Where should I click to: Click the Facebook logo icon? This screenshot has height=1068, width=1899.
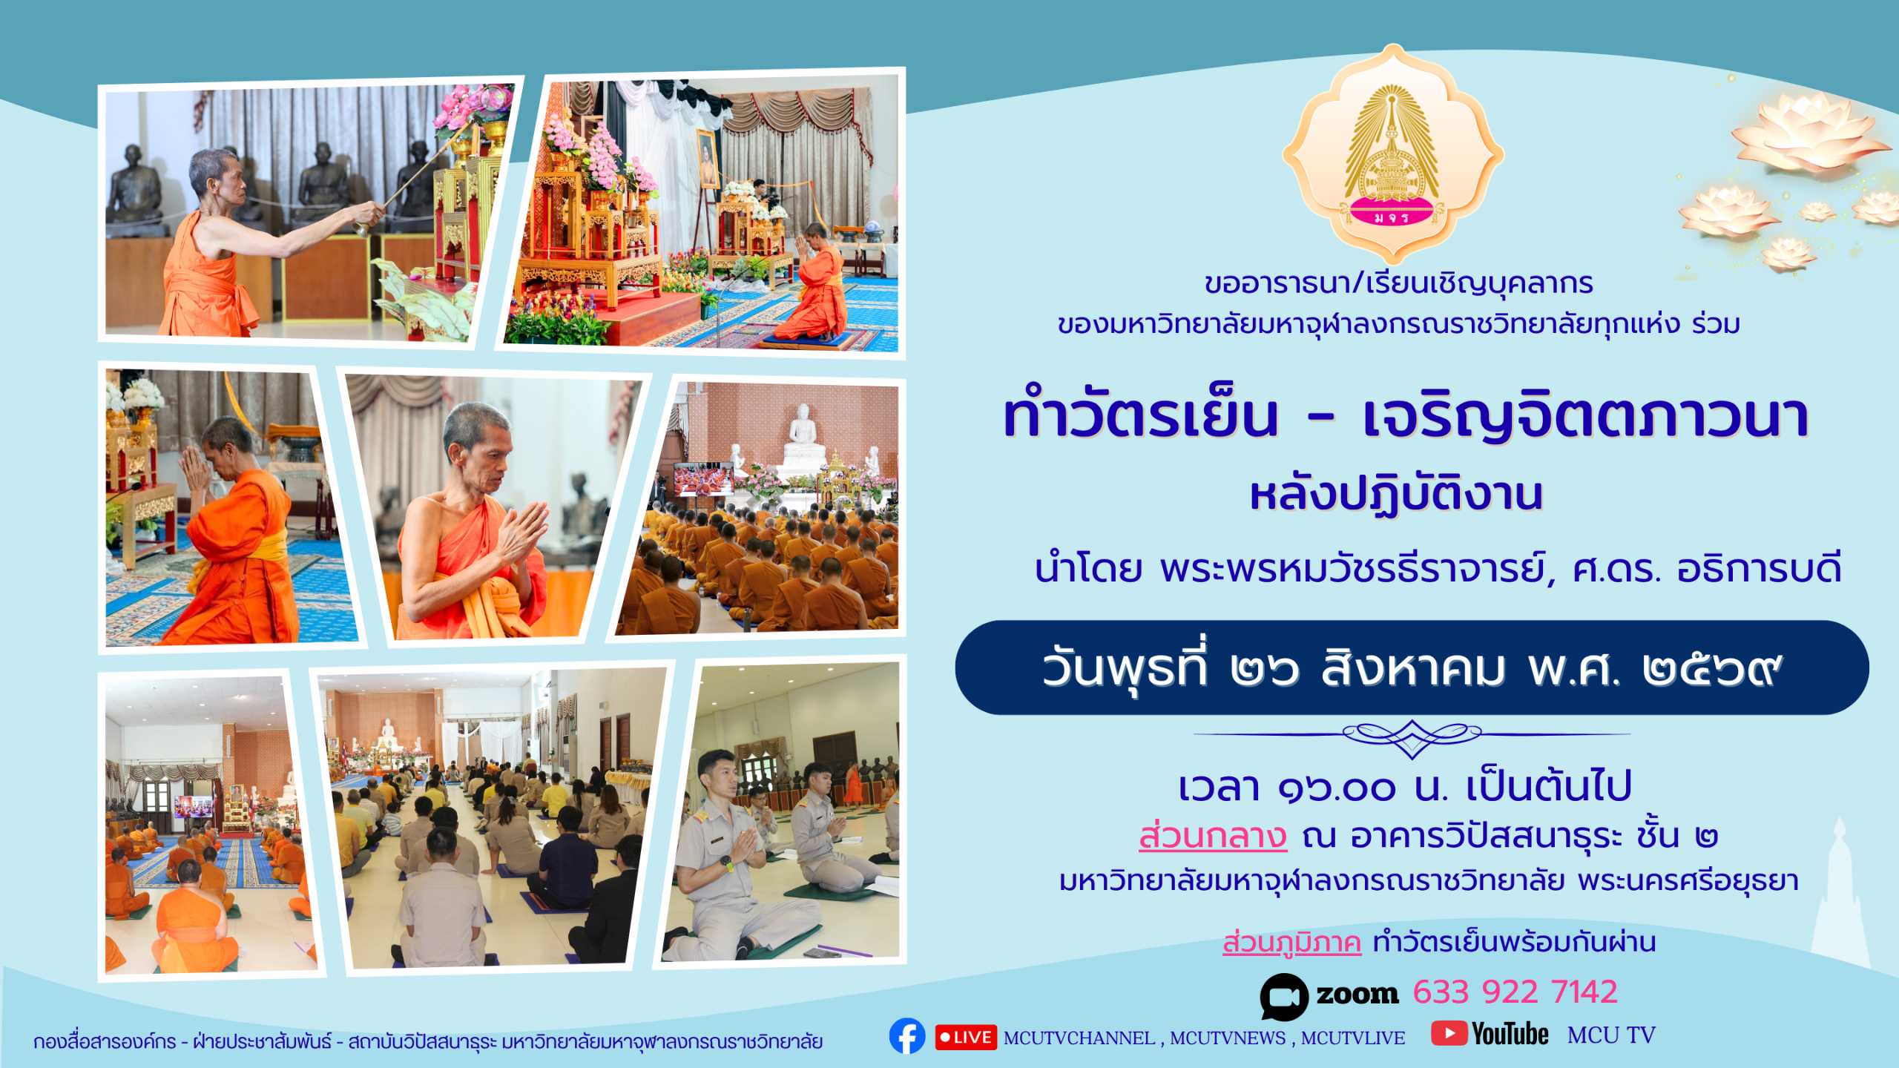907,1036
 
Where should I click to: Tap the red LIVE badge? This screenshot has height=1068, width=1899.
966,1038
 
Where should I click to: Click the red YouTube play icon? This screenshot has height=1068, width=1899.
1449,1033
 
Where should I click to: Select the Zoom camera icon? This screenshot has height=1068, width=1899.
1284,996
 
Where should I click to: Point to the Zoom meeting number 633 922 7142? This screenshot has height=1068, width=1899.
1515,992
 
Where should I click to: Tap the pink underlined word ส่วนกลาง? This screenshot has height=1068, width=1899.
1213,836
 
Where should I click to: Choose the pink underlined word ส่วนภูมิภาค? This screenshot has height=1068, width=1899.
1291,943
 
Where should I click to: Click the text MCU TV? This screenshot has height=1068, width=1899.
1611,1035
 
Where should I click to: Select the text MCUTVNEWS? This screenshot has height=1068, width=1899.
1228,1038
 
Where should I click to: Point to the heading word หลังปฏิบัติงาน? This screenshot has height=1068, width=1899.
1396,495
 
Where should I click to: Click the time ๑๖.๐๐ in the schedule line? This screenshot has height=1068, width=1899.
1337,788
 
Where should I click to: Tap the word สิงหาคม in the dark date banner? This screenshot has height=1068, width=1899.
1413,668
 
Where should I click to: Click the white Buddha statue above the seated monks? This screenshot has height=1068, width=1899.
803,434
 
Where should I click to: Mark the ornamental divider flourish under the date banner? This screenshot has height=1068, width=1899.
1412,737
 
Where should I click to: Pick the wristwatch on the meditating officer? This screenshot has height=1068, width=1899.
728,863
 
